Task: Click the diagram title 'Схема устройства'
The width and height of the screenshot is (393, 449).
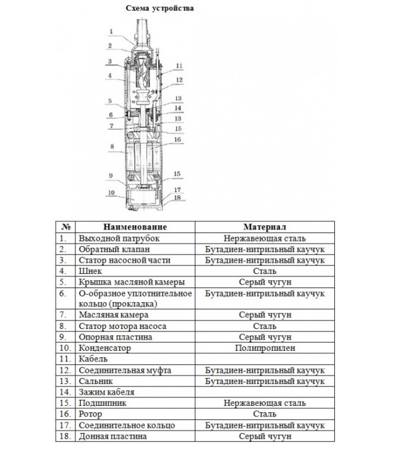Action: coord(159,8)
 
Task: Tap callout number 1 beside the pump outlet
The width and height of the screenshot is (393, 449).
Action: coord(111,31)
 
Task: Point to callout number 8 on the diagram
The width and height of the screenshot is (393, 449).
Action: coord(112,146)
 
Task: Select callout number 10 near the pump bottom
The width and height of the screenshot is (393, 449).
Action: coord(111,193)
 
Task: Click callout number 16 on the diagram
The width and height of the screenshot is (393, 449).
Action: coord(177,139)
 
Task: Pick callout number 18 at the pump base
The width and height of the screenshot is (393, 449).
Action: coord(177,197)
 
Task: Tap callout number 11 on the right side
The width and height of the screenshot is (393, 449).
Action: coord(179,66)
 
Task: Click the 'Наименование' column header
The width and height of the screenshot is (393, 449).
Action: coord(135,227)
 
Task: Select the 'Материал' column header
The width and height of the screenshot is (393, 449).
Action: coord(264,227)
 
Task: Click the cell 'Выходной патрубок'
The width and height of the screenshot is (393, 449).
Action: coord(119,238)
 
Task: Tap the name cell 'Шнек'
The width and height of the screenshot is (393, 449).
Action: coord(90,271)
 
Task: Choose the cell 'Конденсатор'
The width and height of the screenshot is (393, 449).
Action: coord(105,348)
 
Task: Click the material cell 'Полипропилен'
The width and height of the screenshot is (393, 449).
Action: coord(265,348)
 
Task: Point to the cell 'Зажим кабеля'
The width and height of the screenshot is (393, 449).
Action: coord(106,392)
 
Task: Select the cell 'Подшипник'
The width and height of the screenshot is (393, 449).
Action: coord(102,403)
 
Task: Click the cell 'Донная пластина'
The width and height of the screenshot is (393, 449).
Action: coord(113,436)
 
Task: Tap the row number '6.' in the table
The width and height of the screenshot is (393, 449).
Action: coord(63,294)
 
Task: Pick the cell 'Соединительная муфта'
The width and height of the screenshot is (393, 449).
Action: coord(125,370)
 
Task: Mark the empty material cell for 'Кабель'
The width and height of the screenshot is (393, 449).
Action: coord(264,359)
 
